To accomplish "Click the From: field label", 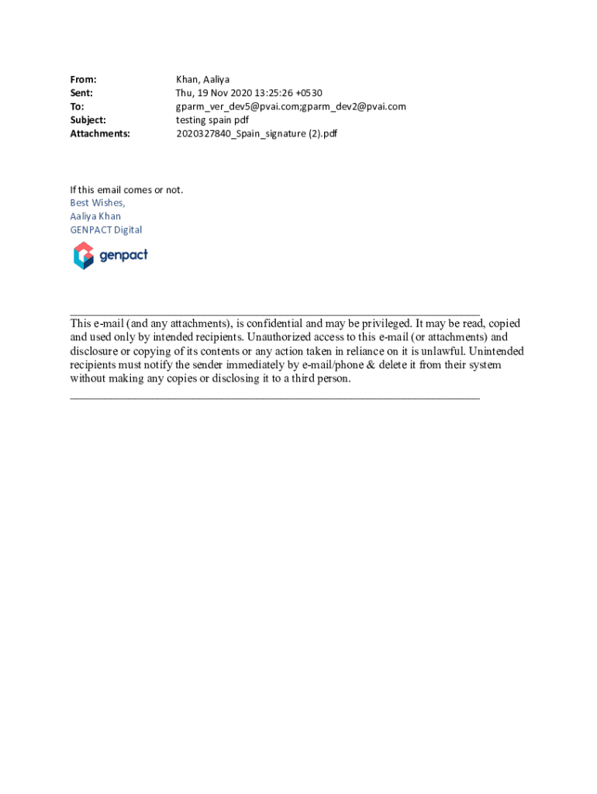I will click(x=83, y=80).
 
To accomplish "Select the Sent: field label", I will click(x=81, y=93).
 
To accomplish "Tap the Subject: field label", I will click(x=88, y=120).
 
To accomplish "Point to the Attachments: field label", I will click(x=100, y=133).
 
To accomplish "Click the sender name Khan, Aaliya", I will click(x=202, y=80).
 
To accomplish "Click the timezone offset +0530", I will click(x=309, y=93).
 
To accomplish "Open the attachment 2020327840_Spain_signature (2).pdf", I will click(x=257, y=133).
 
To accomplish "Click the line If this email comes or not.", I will click(x=126, y=190).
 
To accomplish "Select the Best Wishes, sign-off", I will click(x=97, y=203).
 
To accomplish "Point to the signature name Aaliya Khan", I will click(x=95, y=216).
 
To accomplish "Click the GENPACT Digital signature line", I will click(x=106, y=230).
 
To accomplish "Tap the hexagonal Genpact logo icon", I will click(x=83, y=255).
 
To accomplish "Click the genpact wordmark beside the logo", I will click(x=123, y=254).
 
